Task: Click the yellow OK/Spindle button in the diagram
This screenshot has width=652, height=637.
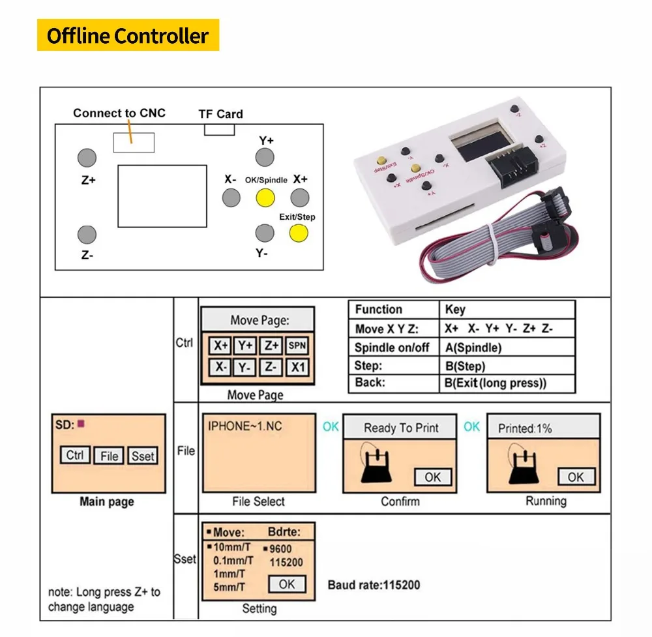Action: (265, 197)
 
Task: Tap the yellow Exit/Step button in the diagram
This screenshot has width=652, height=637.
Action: (299, 233)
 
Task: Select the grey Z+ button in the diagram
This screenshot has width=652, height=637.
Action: (87, 158)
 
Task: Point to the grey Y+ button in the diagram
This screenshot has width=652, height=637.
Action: (264, 157)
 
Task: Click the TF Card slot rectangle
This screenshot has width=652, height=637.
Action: (219, 129)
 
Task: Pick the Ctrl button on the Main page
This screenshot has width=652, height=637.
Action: (75, 455)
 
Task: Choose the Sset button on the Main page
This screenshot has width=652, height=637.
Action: (143, 456)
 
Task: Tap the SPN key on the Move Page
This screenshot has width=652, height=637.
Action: (297, 346)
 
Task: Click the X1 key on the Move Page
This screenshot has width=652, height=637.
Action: (297, 367)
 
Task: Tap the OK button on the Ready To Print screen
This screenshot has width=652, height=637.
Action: (433, 477)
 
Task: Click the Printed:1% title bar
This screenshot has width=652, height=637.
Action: (542, 428)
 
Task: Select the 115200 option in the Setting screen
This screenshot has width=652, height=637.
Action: (286, 562)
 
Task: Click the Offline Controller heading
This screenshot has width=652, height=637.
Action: (128, 36)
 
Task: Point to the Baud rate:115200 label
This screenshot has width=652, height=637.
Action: (374, 585)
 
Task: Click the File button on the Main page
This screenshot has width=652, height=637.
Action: (109, 456)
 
